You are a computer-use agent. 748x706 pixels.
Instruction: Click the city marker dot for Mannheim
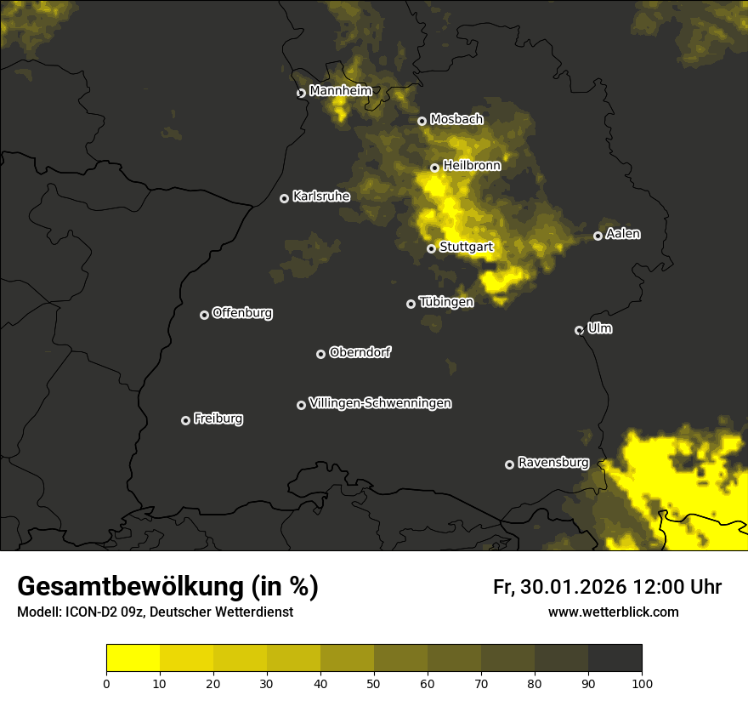pos(301,94)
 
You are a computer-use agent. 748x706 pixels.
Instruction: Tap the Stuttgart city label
pos(466,248)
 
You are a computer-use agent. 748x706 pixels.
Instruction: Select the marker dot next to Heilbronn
pos(434,168)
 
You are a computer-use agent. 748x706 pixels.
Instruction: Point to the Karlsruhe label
pos(320,196)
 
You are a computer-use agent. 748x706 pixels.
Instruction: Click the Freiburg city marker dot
pos(185,420)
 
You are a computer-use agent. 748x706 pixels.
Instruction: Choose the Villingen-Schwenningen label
pos(380,403)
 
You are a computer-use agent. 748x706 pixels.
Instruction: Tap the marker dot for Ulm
pos(579,330)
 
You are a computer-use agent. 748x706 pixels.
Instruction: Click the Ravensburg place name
pos(552,463)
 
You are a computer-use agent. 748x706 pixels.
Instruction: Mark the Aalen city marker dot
pos(598,236)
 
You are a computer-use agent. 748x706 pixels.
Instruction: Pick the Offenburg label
pos(242,313)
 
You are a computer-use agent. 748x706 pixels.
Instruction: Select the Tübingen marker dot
pos(411,304)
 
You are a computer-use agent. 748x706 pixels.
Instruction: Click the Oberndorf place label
pos(360,352)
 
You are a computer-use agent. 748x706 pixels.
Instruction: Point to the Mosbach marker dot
pos(422,121)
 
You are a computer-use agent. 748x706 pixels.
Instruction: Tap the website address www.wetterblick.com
pos(613,612)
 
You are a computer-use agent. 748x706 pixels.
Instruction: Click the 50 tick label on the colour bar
pos(374,682)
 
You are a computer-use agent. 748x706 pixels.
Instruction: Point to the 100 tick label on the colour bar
pos(642,682)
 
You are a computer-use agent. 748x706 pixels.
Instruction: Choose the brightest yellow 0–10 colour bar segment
pos(133,658)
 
